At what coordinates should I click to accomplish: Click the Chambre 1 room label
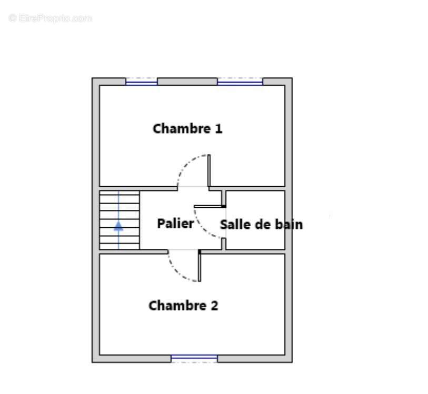(187, 128)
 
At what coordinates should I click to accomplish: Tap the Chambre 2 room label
(183, 306)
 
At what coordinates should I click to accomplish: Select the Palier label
(175, 224)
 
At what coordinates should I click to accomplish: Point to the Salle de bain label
(261, 225)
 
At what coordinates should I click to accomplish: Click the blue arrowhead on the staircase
(119, 226)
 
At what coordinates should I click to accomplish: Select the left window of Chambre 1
(142, 82)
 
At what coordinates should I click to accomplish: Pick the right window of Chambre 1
(240, 82)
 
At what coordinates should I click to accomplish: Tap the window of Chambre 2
(194, 358)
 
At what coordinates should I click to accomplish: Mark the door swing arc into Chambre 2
(178, 270)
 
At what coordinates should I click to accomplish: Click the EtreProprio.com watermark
(51, 18)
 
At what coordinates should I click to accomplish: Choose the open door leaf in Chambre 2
(199, 266)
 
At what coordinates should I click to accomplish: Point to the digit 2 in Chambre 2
(214, 306)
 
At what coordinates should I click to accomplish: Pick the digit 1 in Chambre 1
(218, 128)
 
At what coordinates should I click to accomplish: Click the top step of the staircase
(120, 194)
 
